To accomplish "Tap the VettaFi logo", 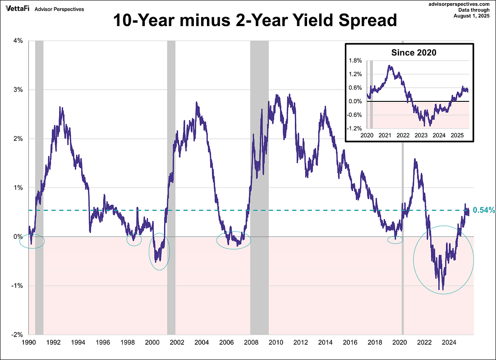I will click(15, 9).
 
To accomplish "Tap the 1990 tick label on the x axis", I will click(29, 342).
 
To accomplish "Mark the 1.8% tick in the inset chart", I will click(356, 60).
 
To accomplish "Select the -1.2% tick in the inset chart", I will click(355, 128).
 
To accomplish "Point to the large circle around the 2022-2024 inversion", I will click(444, 260).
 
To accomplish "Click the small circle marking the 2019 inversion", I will click(395, 240).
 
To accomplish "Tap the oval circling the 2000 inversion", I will click(159, 251).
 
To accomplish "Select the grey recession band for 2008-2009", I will click(259, 135).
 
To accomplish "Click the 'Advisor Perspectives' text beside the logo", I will click(59, 9).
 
